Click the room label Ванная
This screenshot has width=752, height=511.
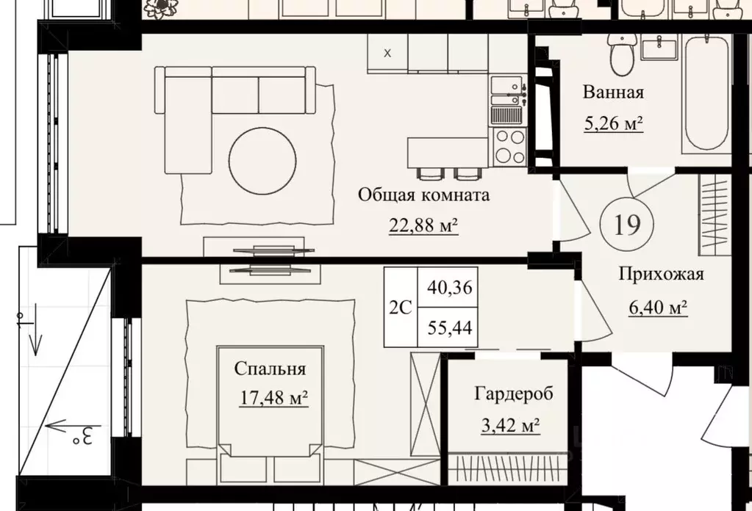tap(613, 92)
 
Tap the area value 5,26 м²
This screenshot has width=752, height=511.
tap(613, 123)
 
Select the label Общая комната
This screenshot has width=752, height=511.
tap(424, 195)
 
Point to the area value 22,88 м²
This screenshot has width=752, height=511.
tap(423, 225)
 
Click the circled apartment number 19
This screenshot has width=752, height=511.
tap(627, 224)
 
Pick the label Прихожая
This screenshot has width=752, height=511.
tap(661, 274)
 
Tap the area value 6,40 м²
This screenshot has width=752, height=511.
tap(659, 306)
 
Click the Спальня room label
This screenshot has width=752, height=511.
tap(270, 369)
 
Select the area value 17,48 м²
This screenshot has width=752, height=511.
tap(274, 397)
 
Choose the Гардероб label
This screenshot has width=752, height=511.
tap(514, 394)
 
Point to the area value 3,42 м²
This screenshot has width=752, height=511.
tap(510, 425)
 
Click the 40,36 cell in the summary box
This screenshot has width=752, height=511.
tap(450, 287)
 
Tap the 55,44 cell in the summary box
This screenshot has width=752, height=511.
tap(450, 327)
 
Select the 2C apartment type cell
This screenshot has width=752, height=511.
tap(401, 308)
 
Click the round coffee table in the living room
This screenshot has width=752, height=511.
tap(262, 161)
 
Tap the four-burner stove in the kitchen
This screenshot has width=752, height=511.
tap(509, 146)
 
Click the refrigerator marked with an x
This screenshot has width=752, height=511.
tap(387, 53)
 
